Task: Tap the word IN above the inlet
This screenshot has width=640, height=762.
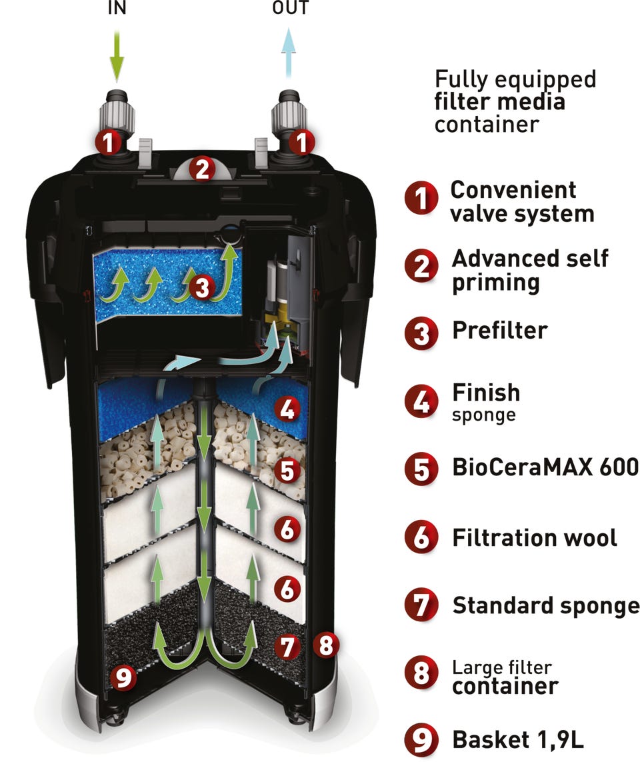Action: click(117, 8)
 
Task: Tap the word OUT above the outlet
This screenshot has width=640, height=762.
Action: click(291, 8)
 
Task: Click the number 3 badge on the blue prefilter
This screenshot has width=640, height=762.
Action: click(202, 288)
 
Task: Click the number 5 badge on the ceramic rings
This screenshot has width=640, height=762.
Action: click(287, 471)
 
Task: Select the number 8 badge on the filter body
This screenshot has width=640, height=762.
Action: click(325, 645)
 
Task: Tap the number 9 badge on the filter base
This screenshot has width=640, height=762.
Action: click(124, 678)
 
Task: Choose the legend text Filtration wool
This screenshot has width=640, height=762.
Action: click(535, 537)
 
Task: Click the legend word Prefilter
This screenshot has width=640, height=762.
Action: click(500, 330)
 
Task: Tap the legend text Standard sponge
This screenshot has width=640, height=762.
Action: click(545, 605)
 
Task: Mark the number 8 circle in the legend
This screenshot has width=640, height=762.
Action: click(421, 675)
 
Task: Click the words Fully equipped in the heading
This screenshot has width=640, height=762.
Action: click(515, 79)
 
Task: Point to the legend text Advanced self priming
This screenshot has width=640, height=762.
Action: click(530, 270)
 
